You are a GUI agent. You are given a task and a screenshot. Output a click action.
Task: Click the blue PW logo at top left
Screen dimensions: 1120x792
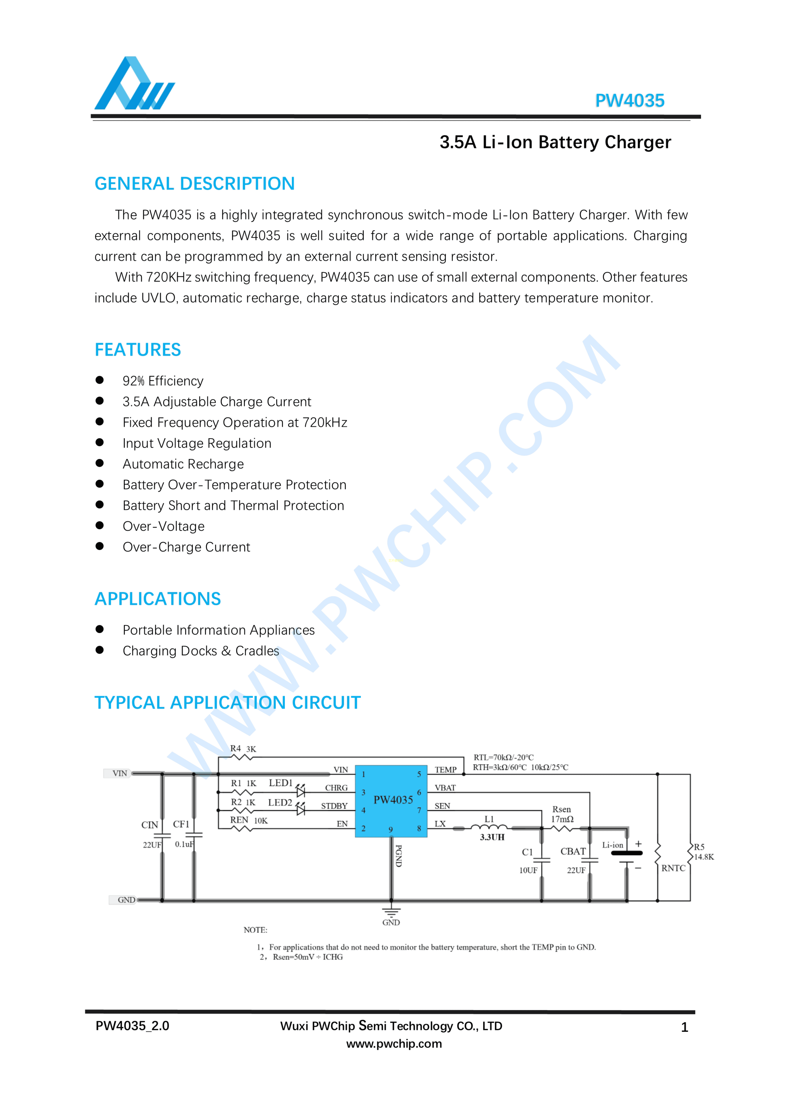pos(134,84)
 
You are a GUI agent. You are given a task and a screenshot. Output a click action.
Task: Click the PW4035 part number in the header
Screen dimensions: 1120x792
pos(629,101)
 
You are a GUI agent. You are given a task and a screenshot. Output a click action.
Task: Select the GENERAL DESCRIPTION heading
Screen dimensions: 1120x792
pos(194,184)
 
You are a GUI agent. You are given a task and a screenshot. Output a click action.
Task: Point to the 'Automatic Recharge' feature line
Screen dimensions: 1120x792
pos(183,464)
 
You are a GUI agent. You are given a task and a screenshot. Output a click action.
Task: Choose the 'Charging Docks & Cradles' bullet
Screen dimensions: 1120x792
pos(201,651)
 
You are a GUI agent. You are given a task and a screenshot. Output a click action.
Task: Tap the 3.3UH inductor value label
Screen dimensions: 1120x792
pos(492,837)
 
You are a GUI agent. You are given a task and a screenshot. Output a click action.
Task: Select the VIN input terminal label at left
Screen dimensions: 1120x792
pos(120,773)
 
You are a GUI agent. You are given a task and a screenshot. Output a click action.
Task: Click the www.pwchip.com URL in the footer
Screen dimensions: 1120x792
pos(394,1044)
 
